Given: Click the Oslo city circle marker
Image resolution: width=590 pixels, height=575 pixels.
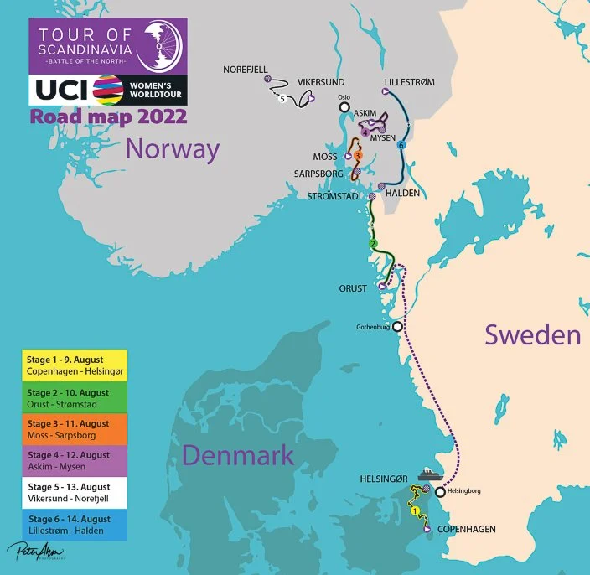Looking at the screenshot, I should (344, 106).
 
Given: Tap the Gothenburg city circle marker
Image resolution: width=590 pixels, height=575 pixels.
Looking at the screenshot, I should (397, 326).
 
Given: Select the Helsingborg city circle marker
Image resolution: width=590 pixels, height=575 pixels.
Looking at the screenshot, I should (438, 492).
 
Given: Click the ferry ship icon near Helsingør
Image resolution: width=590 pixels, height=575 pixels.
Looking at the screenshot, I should (429, 474).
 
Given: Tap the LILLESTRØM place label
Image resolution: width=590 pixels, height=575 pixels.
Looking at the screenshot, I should (409, 82).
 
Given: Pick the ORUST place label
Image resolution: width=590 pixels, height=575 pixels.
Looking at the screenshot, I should (353, 288).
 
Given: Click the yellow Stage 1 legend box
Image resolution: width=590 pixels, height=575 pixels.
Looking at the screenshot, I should (74, 365).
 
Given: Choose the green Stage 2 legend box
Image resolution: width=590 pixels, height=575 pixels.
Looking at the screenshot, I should (74, 396).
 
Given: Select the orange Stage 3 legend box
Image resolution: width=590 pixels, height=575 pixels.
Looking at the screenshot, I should (74, 429).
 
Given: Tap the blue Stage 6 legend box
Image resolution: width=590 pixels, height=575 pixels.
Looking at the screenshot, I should (74, 525).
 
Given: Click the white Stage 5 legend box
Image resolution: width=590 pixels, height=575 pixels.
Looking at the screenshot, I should (74, 493).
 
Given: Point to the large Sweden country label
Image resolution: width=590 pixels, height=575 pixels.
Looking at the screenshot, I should (533, 335).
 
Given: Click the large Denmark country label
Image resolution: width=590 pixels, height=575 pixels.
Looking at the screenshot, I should (238, 455).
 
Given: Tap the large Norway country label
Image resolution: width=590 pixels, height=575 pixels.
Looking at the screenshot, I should (173, 151).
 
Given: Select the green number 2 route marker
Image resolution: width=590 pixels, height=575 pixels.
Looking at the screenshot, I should (374, 244).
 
